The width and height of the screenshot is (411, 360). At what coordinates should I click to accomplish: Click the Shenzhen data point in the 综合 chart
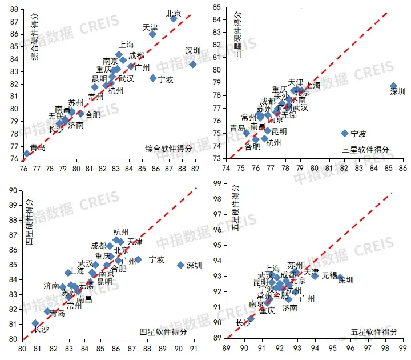point(193,64)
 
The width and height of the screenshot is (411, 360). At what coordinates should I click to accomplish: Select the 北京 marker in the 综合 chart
point(174,18)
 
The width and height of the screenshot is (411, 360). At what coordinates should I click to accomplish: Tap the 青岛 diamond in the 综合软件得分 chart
point(27,153)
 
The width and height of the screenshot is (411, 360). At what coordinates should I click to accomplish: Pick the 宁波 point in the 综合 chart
point(153,78)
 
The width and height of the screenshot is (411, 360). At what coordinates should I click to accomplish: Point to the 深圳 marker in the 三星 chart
point(393,86)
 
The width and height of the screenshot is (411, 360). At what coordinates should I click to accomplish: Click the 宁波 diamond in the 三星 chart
point(345,133)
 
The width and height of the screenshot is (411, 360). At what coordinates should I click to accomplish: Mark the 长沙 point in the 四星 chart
point(35,323)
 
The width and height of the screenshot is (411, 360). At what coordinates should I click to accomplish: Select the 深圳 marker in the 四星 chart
point(180,265)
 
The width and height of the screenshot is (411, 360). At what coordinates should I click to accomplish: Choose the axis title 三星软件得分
point(366,149)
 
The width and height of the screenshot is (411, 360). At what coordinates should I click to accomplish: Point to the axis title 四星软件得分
point(163,331)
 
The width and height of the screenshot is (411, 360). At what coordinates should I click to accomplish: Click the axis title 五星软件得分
point(374,331)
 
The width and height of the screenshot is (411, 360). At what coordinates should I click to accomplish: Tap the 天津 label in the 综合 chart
point(150,27)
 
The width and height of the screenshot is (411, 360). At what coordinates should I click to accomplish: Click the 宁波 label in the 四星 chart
point(157,259)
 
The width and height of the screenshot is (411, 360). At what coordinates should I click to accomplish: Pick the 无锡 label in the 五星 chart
point(329,275)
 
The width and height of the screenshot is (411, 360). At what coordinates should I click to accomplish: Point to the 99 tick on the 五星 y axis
point(218,183)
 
